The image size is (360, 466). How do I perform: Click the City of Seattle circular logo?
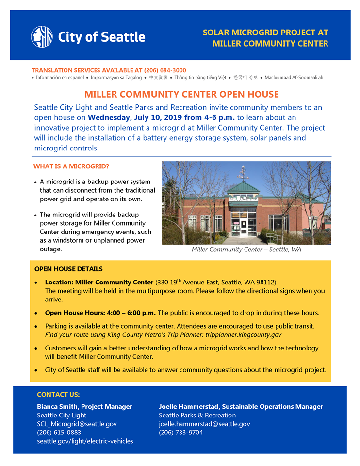(x=42, y=37)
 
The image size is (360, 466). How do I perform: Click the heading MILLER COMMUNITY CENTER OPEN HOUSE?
(x=182, y=94)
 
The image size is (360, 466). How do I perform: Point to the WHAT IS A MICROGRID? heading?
(x=71, y=166)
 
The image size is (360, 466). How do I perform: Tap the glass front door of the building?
(x=244, y=227)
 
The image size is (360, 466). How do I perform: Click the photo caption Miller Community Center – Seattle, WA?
(x=246, y=250)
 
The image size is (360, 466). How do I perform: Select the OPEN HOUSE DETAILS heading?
(x=68, y=269)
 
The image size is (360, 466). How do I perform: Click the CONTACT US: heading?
(x=58, y=395)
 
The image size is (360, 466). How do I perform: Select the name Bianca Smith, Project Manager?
(x=84, y=407)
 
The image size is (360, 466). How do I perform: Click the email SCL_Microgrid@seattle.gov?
(x=77, y=424)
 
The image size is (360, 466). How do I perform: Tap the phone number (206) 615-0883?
(x=59, y=433)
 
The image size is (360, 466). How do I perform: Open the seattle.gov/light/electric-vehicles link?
(x=85, y=441)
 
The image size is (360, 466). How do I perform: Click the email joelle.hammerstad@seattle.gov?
(x=204, y=424)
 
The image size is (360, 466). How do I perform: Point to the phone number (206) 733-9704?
(x=180, y=433)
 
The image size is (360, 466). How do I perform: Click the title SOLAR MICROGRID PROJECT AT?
(x=265, y=33)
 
